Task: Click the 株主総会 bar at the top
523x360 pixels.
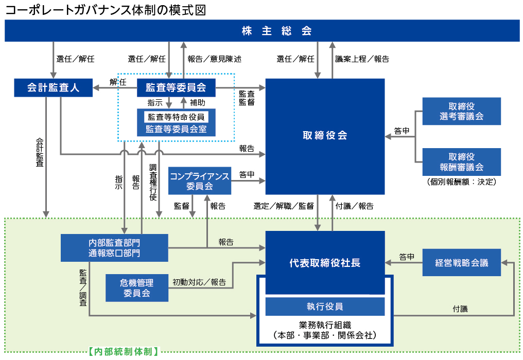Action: (261, 31)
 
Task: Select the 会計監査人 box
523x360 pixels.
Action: (53, 87)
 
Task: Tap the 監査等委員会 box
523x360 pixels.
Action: (176, 88)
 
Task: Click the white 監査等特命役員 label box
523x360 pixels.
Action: (176, 117)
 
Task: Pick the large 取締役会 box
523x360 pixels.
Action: (325, 136)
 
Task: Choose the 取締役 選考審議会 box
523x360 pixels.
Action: (461, 111)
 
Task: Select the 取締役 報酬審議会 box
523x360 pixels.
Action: (461, 162)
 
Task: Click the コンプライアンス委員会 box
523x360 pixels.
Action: (200, 181)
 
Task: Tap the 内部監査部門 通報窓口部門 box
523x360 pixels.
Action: (114, 247)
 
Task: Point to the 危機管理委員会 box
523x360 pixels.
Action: (137, 288)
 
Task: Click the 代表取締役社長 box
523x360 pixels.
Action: (325, 262)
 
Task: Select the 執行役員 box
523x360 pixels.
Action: (325, 307)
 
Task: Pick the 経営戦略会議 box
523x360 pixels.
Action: (461, 262)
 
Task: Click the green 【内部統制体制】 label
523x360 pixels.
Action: (123, 352)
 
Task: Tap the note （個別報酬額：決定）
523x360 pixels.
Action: (461, 182)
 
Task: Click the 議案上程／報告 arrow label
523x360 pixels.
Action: (362, 59)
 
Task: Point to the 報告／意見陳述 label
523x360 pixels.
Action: (214, 59)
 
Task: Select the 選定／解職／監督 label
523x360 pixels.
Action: (284, 206)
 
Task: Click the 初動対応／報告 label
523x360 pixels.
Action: (199, 282)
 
